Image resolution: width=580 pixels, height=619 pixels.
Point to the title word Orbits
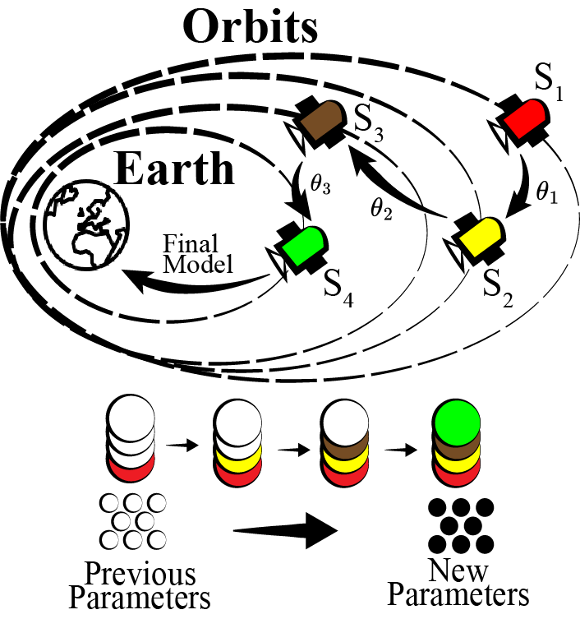pos(250,29)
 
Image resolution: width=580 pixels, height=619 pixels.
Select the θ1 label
pos(545,193)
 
